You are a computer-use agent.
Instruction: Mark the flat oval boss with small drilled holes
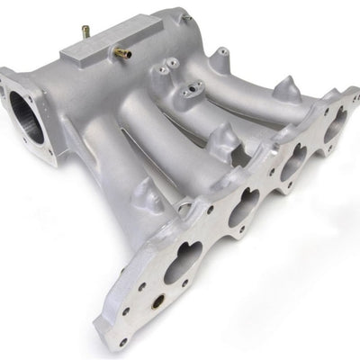[190, 90]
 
